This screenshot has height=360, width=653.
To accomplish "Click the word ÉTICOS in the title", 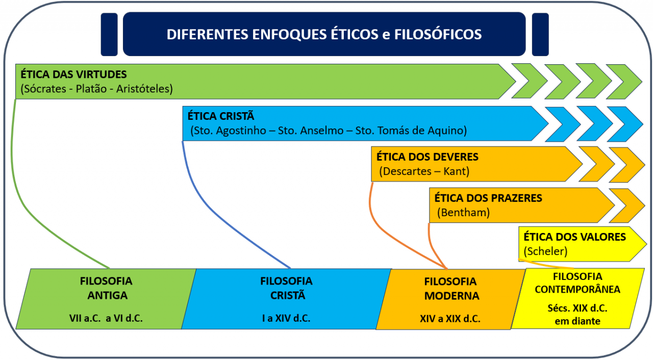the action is (x=354, y=34).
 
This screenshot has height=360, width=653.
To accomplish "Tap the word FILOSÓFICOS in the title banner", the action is (x=438, y=34).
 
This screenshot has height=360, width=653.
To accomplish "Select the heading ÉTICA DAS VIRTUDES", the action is (x=73, y=74).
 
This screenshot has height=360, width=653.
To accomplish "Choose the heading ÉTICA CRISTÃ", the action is (x=221, y=116).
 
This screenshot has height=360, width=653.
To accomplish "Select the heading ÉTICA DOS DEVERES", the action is (x=428, y=157).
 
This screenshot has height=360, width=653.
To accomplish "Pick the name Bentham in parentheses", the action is (x=464, y=212).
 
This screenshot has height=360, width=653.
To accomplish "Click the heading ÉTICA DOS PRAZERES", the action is (x=488, y=198).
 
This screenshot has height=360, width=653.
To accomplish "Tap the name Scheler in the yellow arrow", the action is (x=545, y=251).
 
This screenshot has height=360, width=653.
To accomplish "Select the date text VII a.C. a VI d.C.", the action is (x=106, y=318).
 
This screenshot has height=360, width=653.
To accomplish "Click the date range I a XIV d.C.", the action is (x=286, y=318).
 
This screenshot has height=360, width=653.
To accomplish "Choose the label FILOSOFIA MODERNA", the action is (x=451, y=289).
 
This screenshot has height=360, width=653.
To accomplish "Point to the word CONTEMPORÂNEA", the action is (x=577, y=289).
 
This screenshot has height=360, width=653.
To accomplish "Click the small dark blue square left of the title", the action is (x=109, y=34).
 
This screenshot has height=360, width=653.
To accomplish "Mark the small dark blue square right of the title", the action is (x=540, y=34).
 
